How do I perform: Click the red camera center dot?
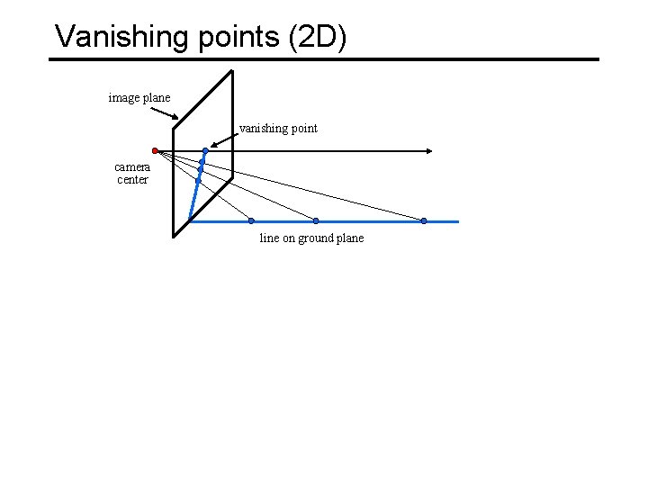(155, 150)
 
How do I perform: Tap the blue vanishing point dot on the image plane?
(205, 150)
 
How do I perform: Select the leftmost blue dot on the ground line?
(251, 220)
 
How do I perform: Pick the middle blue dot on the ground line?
(316, 220)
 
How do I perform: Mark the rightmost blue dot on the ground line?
(424, 220)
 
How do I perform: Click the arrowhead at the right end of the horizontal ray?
(431, 150)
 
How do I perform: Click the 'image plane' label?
(139, 97)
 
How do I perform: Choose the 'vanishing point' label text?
(278, 128)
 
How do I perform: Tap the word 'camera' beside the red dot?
(132, 166)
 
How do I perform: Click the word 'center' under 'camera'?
(132, 179)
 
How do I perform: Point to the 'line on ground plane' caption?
(311, 238)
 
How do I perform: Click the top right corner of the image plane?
(232, 71)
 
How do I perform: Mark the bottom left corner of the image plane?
(175, 236)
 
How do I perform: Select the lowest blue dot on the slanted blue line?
(198, 181)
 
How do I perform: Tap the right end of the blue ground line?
(457, 220)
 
